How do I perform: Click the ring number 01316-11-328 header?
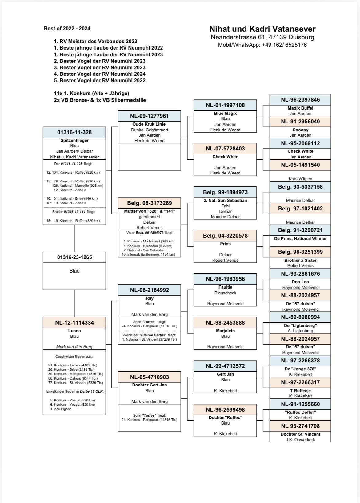point(74,132)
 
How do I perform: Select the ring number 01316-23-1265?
point(74,257)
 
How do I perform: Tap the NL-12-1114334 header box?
point(74,323)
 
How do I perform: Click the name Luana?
point(74,331)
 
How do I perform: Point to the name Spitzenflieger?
point(74,140)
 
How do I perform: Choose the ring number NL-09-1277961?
point(150,116)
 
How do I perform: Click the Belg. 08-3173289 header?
point(150,203)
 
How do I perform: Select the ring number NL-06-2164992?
point(150,290)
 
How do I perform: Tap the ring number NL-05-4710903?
point(150,377)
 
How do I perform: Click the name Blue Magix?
point(225,113)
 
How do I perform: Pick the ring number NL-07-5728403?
point(225,149)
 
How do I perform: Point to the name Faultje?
point(225,287)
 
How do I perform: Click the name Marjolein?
point(225,331)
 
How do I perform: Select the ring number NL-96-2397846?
point(300,100)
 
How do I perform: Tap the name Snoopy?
point(300,130)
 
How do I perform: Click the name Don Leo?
point(300,282)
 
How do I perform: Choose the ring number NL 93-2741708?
point(300,426)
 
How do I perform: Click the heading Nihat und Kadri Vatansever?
point(262,29)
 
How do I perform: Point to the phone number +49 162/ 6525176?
point(284,45)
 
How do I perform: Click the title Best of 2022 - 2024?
point(67,28)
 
